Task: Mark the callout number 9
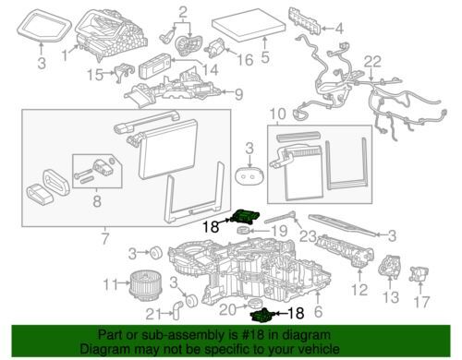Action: pos(239,93)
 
